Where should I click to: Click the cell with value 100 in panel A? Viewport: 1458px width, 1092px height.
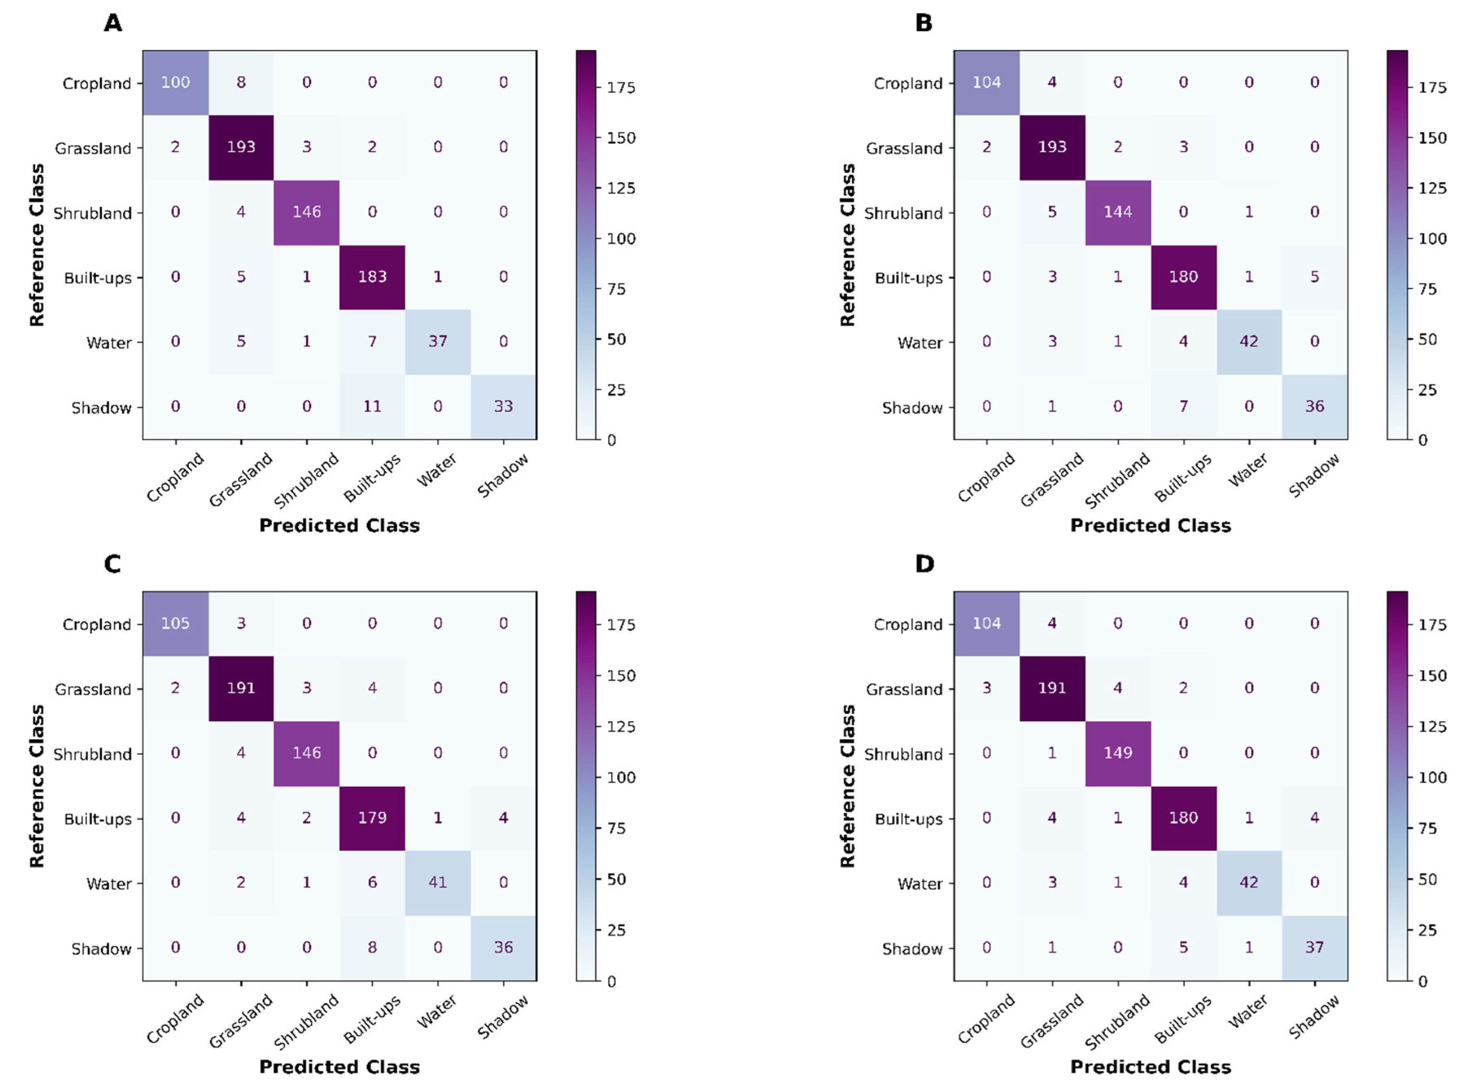(175, 82)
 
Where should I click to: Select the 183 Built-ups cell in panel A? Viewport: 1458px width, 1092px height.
(373, 277)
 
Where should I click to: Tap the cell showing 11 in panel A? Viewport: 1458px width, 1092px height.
(373, 407)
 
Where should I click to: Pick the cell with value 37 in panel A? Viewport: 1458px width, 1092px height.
(438, 341)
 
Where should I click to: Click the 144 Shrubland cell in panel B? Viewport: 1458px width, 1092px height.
(1118, 212)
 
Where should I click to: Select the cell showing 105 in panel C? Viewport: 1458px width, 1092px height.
(175, 624)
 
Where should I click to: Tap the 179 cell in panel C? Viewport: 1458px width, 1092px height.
(373, 818)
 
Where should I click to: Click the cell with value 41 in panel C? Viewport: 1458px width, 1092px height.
(438, 882)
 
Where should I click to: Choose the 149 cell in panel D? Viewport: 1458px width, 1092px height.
(1118, 753)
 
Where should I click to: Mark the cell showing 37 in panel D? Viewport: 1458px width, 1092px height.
(1314, 948)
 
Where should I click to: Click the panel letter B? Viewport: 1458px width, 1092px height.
(923, 23)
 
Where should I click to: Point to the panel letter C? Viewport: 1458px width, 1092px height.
(113, 564)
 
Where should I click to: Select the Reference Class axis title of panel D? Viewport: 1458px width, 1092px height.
(848, 786)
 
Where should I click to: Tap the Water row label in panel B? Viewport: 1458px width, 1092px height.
(920, 343)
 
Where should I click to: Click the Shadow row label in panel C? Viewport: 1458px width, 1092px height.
(101, 949)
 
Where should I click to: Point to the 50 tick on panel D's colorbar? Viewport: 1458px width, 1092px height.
(1427, 879)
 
